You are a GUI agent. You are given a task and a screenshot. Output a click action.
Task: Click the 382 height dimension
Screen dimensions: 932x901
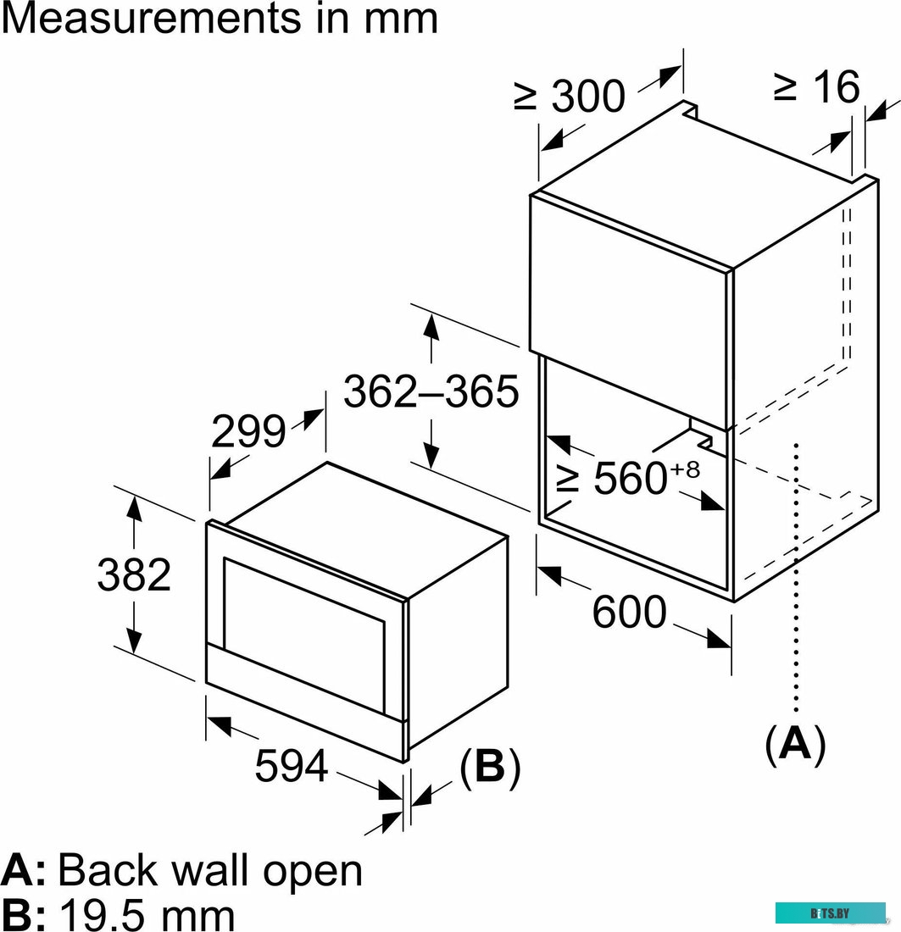[134, 575]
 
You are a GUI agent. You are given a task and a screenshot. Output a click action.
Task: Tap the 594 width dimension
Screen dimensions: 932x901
[291, 767]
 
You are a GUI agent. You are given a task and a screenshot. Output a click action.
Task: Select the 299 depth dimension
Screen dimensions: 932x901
[247, 433]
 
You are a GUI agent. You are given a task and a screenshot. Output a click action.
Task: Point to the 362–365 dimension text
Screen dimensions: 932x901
[431, 391]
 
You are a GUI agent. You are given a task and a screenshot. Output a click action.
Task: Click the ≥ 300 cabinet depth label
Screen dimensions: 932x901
[570, 97]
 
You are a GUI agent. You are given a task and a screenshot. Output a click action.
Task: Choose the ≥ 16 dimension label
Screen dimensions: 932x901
[816, 86]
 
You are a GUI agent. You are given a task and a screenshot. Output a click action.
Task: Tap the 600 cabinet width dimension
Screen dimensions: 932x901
[629, 612]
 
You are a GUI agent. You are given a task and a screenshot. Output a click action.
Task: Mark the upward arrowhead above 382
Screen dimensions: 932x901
[134, 506]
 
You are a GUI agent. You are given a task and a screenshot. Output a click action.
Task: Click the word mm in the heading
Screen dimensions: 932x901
[398, 19]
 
